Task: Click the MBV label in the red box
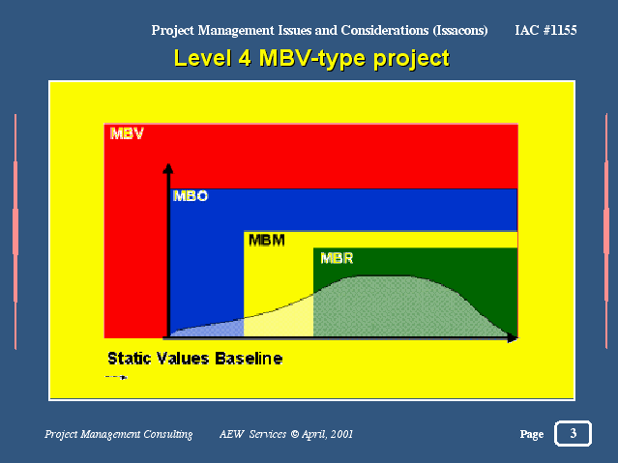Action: click(x=127, y=133)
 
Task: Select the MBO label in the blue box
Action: click(x=191, y=196)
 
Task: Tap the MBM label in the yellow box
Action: click(x=267, y=240)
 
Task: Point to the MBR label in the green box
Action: click(x=337, y=258)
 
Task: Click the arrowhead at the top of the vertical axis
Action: click(x=168, y=168)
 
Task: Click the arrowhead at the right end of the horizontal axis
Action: click(x=513, y=338)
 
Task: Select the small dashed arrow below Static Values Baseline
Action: click(x=116, y=377)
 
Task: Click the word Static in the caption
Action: click(x=131, y=359)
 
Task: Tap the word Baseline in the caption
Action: click(x=249, y=359)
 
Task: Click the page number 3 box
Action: click(x=574, y=433)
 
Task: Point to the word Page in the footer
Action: click(x=532, y=434)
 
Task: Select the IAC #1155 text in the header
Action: click(x=545, y=30)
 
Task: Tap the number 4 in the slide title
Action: click(x=245, y=58)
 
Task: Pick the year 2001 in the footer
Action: click(x=341, y=434)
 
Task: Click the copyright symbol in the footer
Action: click(x=295, y=434)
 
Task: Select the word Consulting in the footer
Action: click(x=168, y=434)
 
